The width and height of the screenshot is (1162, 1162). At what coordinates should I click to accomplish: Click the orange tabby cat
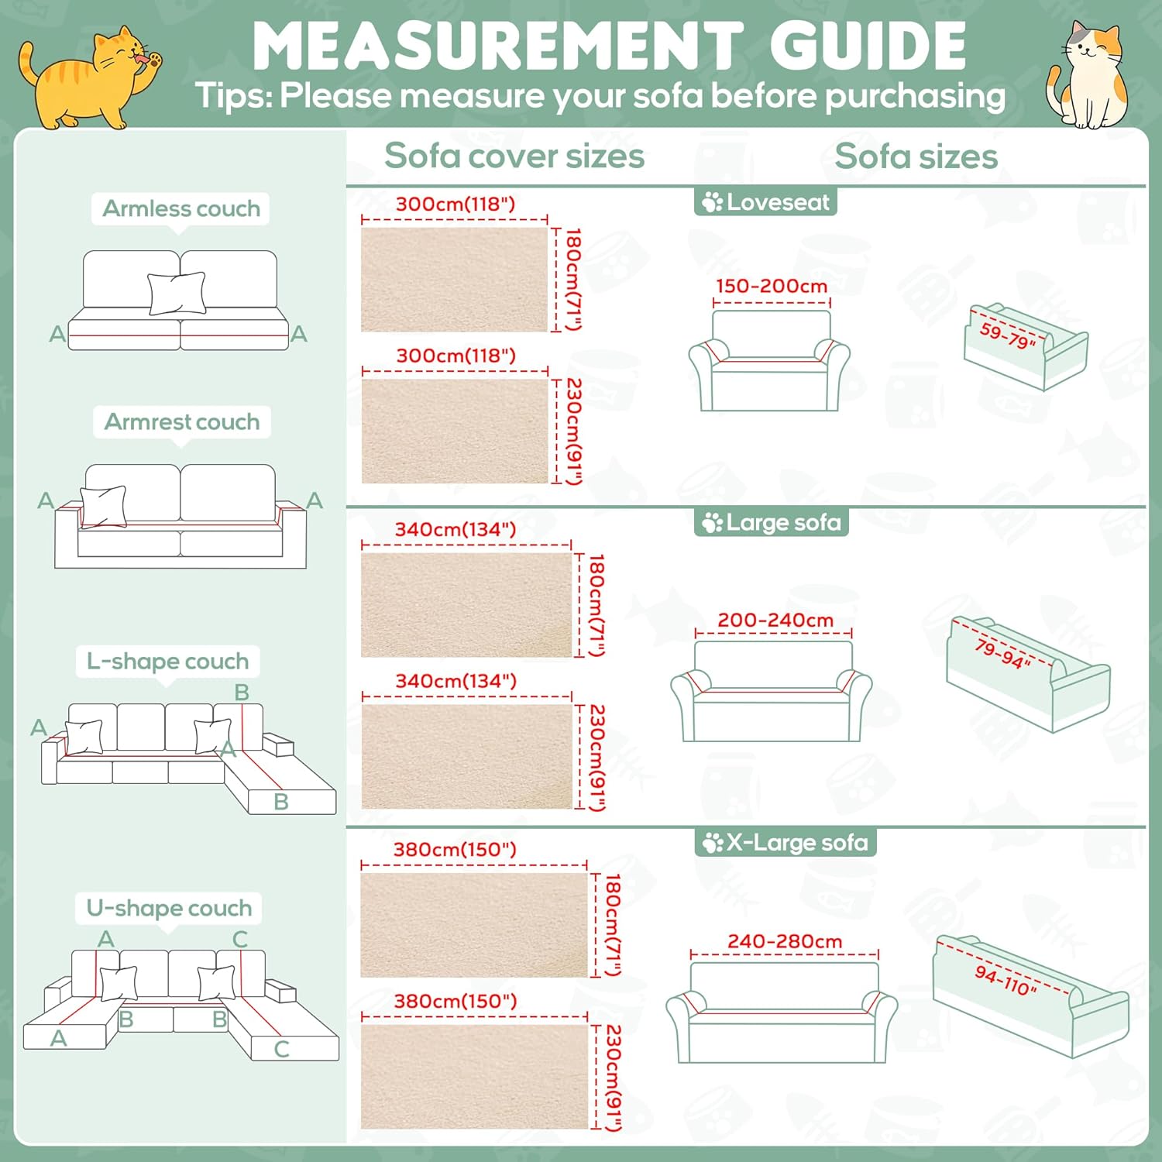coord(89,77)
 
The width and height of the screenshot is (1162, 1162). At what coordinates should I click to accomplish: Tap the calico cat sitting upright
coord(1088,75)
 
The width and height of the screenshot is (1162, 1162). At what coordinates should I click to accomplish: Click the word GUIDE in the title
coord(868,46)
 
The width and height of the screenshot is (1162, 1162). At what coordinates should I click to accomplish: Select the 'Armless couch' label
coord(181,208)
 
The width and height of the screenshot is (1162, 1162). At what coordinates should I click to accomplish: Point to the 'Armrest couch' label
coord(182,421)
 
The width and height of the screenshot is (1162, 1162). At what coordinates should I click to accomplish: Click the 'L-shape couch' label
coord(167,661)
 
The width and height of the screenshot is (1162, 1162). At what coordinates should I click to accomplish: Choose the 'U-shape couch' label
coord(169,907)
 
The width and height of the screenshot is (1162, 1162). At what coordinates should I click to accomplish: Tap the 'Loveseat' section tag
coord(765,202)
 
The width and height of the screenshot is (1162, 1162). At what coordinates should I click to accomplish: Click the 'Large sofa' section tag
coord(772,522)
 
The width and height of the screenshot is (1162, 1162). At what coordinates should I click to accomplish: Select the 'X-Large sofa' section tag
coord(785,842)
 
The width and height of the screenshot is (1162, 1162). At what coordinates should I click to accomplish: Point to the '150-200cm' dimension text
coord(772,286)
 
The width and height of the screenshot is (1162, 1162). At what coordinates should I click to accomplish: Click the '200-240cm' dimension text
coord(775,620)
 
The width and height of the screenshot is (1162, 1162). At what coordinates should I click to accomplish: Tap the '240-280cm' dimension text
coord(785,941)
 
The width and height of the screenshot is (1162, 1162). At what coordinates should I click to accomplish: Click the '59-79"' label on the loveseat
coord(1008,335)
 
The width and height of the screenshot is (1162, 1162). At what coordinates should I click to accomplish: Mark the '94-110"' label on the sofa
coord(1006,981)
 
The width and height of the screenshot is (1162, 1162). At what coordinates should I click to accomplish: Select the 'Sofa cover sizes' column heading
coord(514,156)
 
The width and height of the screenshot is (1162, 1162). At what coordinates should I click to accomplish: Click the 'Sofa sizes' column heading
coord(916,156)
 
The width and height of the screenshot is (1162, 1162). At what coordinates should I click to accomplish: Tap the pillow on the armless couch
coord(177,293)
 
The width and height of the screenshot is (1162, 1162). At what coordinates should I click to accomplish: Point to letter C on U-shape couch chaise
coord(282,1049)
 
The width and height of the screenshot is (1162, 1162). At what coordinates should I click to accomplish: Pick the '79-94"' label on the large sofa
coord(1003,654)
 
